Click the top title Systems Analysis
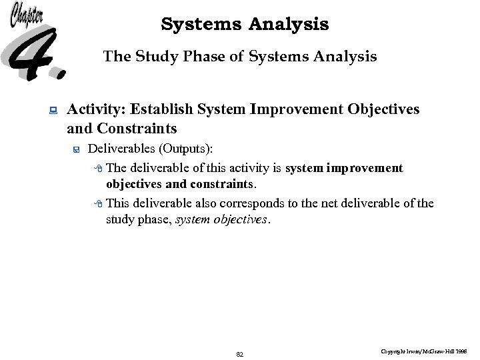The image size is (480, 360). (245, 25)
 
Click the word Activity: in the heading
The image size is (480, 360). (97, 109)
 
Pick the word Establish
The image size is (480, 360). (161, 109)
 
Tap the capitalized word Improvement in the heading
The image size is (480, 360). (293, 109)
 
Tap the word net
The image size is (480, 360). (347, 203)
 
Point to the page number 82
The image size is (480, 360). (240, 354)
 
